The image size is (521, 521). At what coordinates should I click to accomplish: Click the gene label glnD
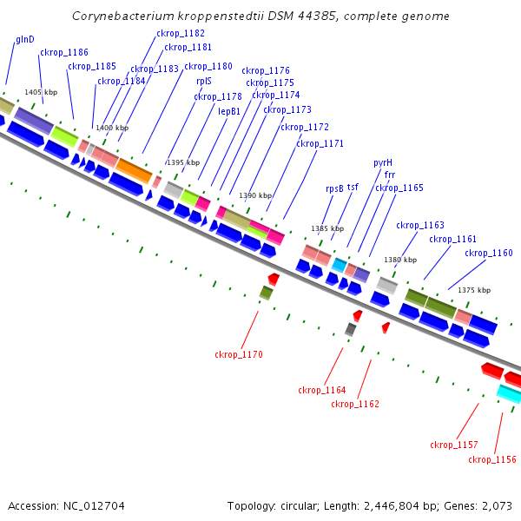tap(24, 40)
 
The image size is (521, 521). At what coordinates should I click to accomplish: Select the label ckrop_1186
tap(63, 52)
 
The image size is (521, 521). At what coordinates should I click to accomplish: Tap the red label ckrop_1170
tap(238, 354)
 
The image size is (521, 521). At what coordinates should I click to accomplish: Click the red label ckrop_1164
tap(321, 390)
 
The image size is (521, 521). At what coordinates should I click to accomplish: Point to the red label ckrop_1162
tap(355, 404)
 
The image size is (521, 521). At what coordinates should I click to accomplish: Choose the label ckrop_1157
tap(453, 445)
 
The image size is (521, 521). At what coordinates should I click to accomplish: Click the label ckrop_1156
tap(491, 459)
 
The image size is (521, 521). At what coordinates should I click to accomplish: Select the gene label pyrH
tap(383, 162)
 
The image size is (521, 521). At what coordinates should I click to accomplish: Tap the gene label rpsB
tap(334, 188)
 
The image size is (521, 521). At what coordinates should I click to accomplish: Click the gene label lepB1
tap(229, 111)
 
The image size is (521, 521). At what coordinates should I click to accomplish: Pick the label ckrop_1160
tap(488, 254)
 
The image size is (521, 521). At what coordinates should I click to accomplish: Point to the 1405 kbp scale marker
tap(40, 92)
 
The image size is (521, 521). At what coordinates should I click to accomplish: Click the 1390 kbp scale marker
tap(254, 196)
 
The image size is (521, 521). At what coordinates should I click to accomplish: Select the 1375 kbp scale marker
tap(474, 290)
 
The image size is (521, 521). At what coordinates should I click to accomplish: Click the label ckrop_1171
tap(320, 143)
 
